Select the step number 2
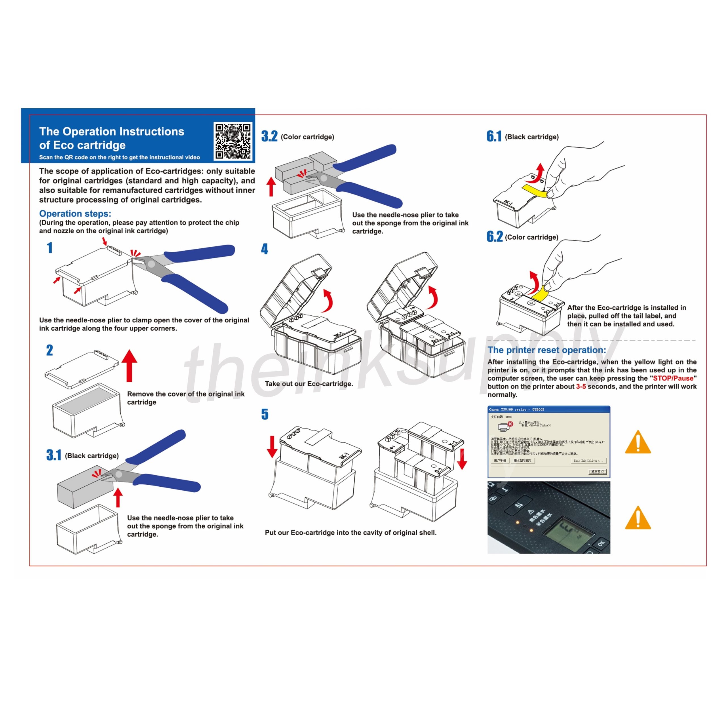tap(50, 350)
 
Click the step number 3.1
tap(54, 455)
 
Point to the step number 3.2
tap(269, 136)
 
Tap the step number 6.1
tap(494, 136)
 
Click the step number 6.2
tap(495, 236)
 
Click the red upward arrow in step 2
tap(130, 365)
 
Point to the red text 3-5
tap(581, 386)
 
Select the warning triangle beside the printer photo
tap(638, 518)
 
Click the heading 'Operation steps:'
tap(75, 214)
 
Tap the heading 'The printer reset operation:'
tap(547, 350)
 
